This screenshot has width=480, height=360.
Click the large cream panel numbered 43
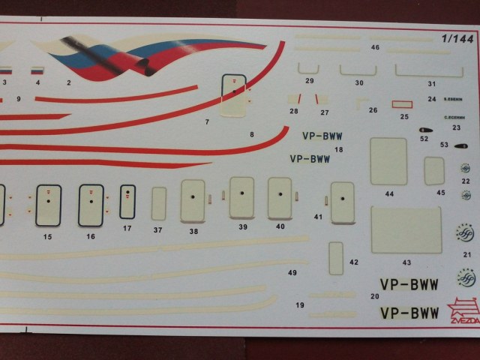(406, 230)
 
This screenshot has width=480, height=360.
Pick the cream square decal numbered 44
(388, 161)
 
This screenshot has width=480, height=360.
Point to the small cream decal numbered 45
(434, 171)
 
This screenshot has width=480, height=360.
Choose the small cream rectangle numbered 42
(335, 257)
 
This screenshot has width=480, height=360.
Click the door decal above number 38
(193, 200)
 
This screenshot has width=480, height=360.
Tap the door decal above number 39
(242, 197)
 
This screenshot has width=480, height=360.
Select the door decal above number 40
(280, 198)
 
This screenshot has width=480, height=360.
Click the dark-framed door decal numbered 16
(90, 205)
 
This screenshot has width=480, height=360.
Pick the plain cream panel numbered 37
(158, 203)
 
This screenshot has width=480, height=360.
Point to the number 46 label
(375, 47)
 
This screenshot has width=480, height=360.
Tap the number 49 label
(292, 272)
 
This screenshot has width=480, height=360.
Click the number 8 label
(251, 135)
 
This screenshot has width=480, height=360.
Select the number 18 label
(339, 150)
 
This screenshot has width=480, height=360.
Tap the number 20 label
(374, 296)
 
